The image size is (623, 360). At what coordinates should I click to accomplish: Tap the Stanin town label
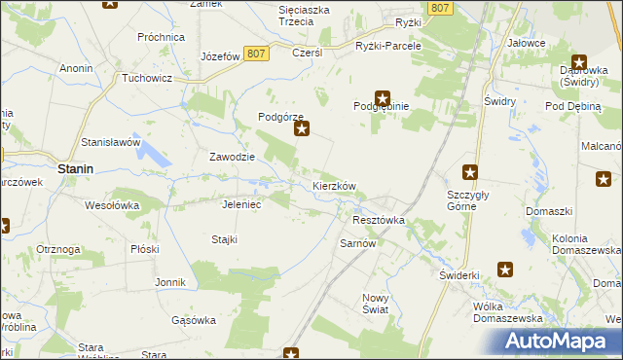pyautogui.click(x=75, y=168)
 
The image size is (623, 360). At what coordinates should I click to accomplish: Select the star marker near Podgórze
pyautogui.click(x=302, y=127)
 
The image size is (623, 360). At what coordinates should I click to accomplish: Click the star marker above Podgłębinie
pyautogui.click(x=384, y=97)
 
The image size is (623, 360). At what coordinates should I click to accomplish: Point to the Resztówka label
pyautogui.click(x=378, y=221)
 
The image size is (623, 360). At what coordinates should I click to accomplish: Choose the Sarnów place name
pyautogui.click(x=357, y=243)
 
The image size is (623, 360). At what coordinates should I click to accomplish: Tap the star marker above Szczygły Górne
pyautogui.click(x=470, y=172)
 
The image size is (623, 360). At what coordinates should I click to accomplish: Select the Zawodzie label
pyautogui.click(x=233, y=157)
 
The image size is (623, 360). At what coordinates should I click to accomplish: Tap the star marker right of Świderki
pyautogui.click(x=505, y=270)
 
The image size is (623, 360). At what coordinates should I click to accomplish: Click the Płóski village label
pyautogui.click(x=144, y=248)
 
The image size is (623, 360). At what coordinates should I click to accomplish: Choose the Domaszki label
pyautogui.click(x=548, y=211)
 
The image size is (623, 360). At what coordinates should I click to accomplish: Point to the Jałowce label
pyautogui.click(x=526, y=44)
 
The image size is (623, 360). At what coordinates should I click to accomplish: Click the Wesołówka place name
pyautogui.click(x=113, y=205)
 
